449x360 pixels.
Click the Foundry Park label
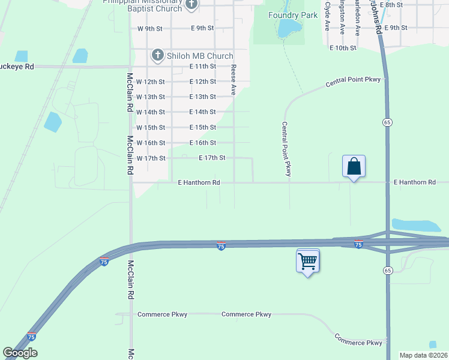click(293, 15)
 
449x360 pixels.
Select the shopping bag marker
click(354, 166)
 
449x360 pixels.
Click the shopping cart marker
click(307, 261)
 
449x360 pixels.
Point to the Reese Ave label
click(234, 79)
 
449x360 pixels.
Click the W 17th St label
click(151, 158)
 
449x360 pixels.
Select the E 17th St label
click(212, 158)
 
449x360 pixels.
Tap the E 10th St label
click(343, 47)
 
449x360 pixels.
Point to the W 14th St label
click(151, 112)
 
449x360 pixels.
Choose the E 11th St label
click(202, 66)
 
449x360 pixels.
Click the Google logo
click(20, 353)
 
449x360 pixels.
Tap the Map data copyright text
click(423, 355)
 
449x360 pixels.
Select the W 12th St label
click(151, 82)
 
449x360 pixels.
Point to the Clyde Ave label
click(327, 16)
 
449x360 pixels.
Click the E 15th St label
click(202, 127)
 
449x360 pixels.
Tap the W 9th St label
click(150, 28)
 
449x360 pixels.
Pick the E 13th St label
click(202, 97)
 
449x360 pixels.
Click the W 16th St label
click(151, 143)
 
